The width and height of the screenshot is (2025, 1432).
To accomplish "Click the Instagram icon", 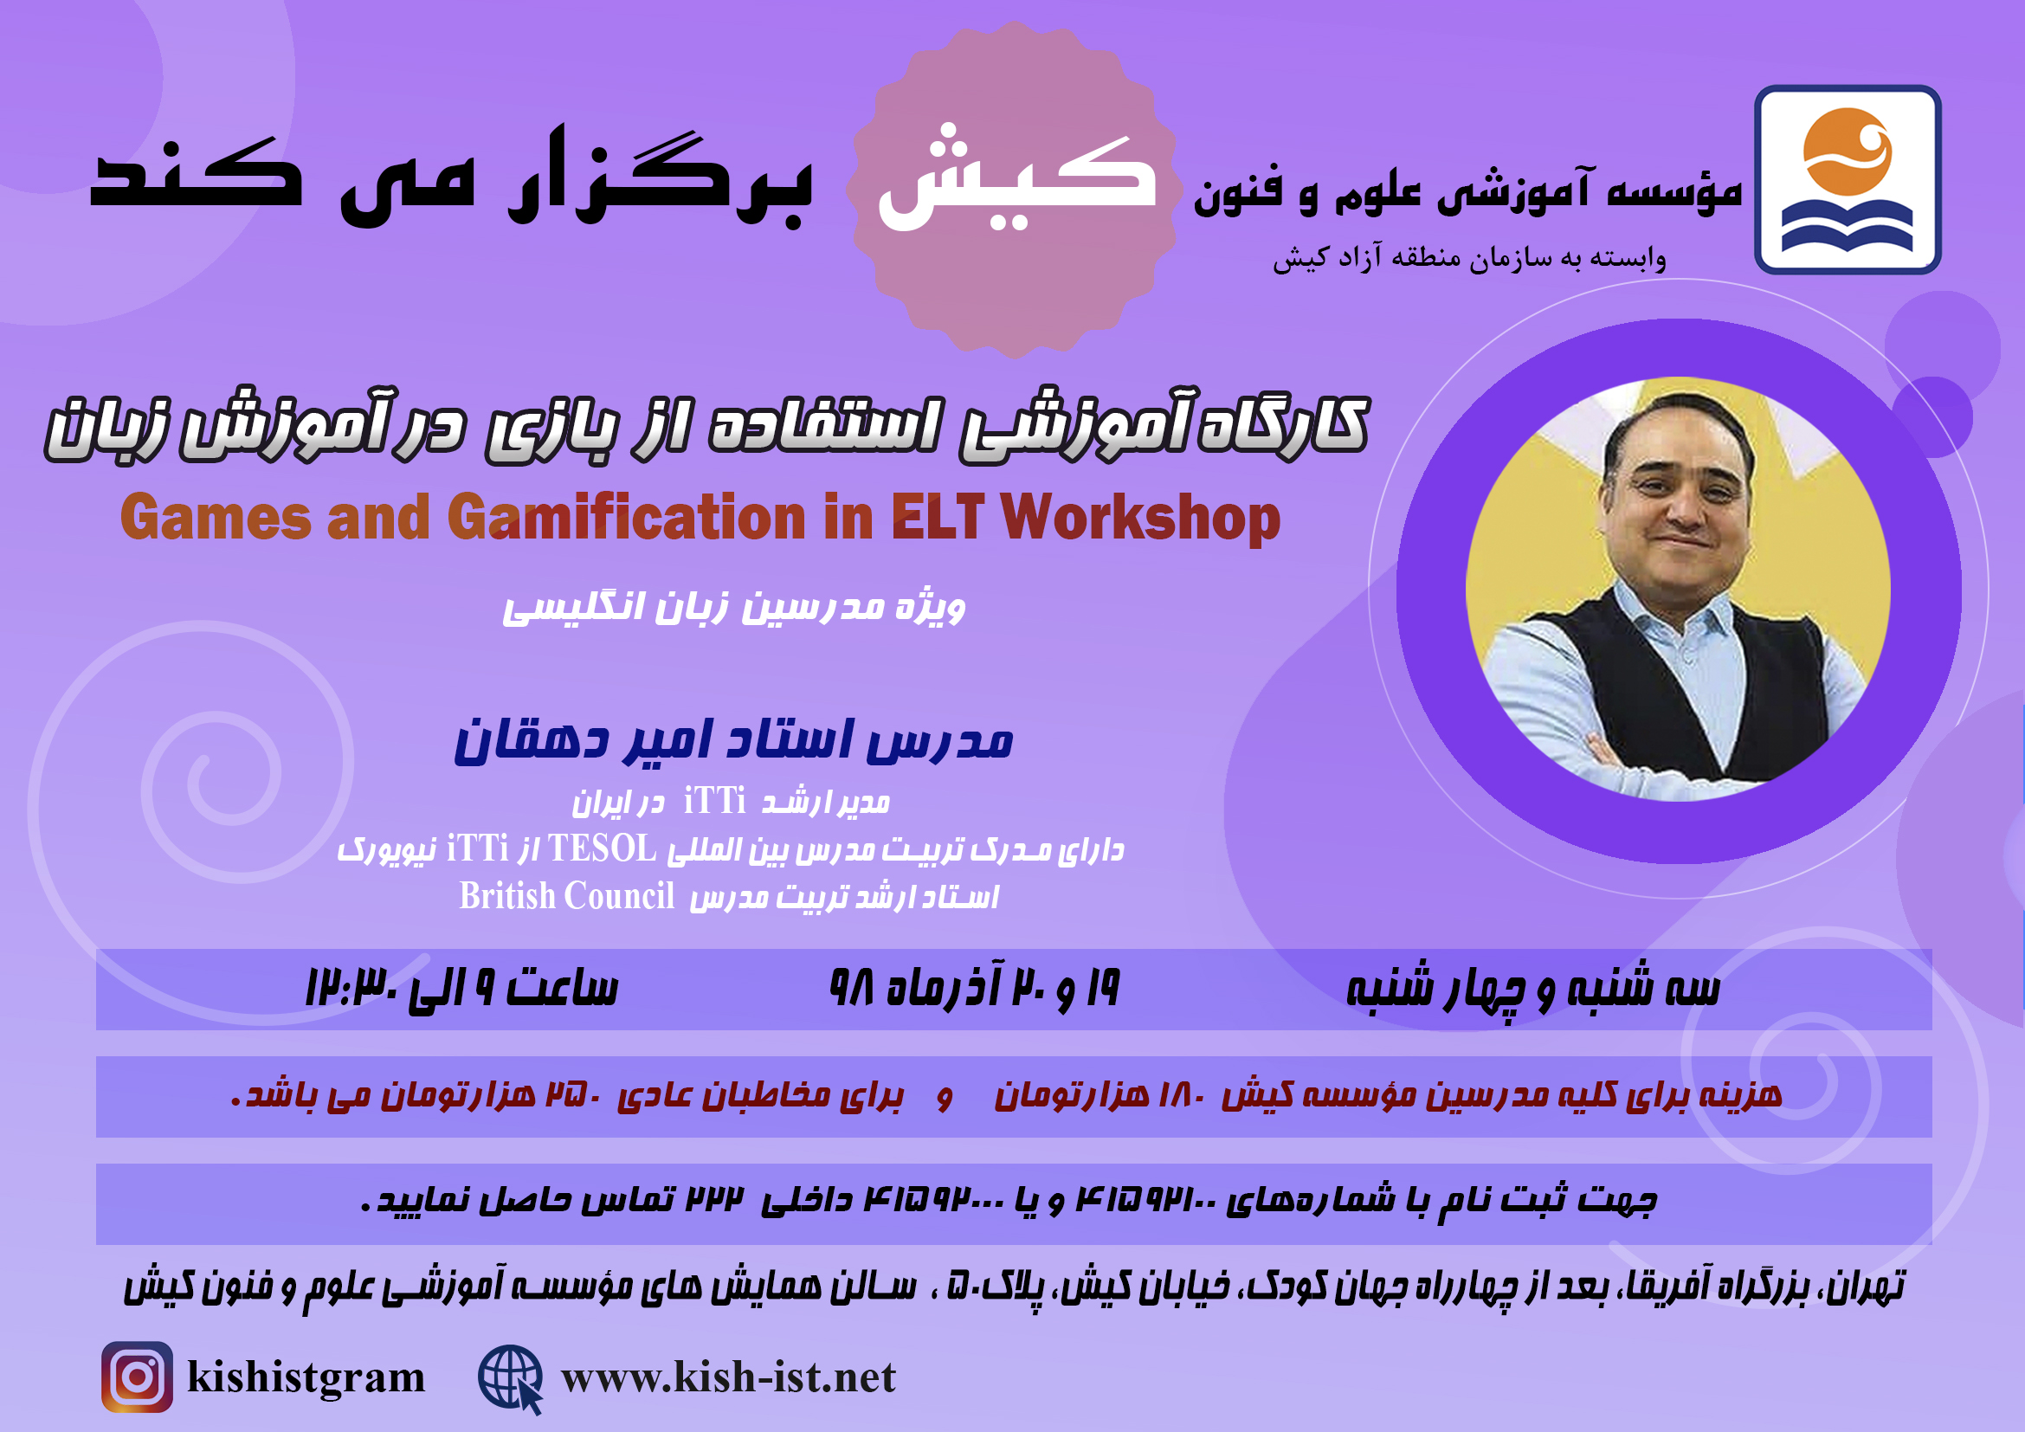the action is [x=137, y=1377].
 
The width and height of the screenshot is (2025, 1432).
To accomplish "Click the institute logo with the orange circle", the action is [x=1848, y=179].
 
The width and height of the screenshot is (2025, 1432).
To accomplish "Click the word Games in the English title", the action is [x=216, y=517].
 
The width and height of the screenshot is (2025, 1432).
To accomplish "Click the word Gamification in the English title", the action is [x=627, y=517].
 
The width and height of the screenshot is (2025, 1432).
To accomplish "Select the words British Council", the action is [x=567, y=896].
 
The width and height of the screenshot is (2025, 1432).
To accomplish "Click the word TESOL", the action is [x=603, y=848].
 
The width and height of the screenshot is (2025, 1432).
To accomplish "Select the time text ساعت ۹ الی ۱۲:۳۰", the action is [x=461, y=989].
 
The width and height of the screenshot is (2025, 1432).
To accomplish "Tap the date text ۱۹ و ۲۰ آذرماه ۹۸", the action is [x=975, y=989].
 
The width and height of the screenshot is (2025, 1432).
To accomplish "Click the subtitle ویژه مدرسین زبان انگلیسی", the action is [x=734, y=608].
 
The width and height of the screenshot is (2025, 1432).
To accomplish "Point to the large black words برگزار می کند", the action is [x=451, y=177].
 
